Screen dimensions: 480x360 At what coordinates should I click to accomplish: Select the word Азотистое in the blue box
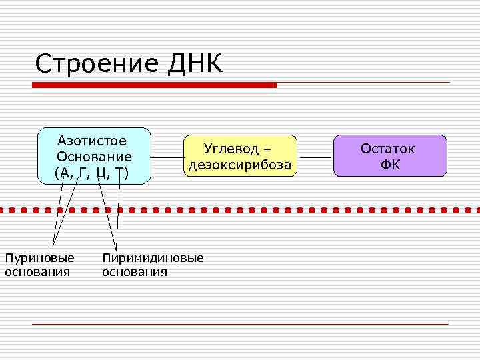point(93,141)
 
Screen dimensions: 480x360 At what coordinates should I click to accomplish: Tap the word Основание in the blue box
point(94,157)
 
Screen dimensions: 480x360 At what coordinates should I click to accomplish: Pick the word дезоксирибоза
point(240,165)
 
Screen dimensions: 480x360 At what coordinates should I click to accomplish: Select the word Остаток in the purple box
point(388,148)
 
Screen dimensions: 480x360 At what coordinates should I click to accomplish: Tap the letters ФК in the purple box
point(391,165)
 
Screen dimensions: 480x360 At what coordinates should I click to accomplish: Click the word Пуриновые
point(39,258)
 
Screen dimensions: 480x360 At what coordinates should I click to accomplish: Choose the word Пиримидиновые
point(153,258)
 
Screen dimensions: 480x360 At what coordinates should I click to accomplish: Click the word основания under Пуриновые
point(37,272)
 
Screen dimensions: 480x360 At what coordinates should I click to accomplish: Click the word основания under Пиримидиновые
point(135,272)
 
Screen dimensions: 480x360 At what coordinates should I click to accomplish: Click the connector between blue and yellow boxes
point(167,157)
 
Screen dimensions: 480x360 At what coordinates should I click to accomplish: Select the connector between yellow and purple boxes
point(315,157)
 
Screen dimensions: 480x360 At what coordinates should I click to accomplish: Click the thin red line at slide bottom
point(240,324)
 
